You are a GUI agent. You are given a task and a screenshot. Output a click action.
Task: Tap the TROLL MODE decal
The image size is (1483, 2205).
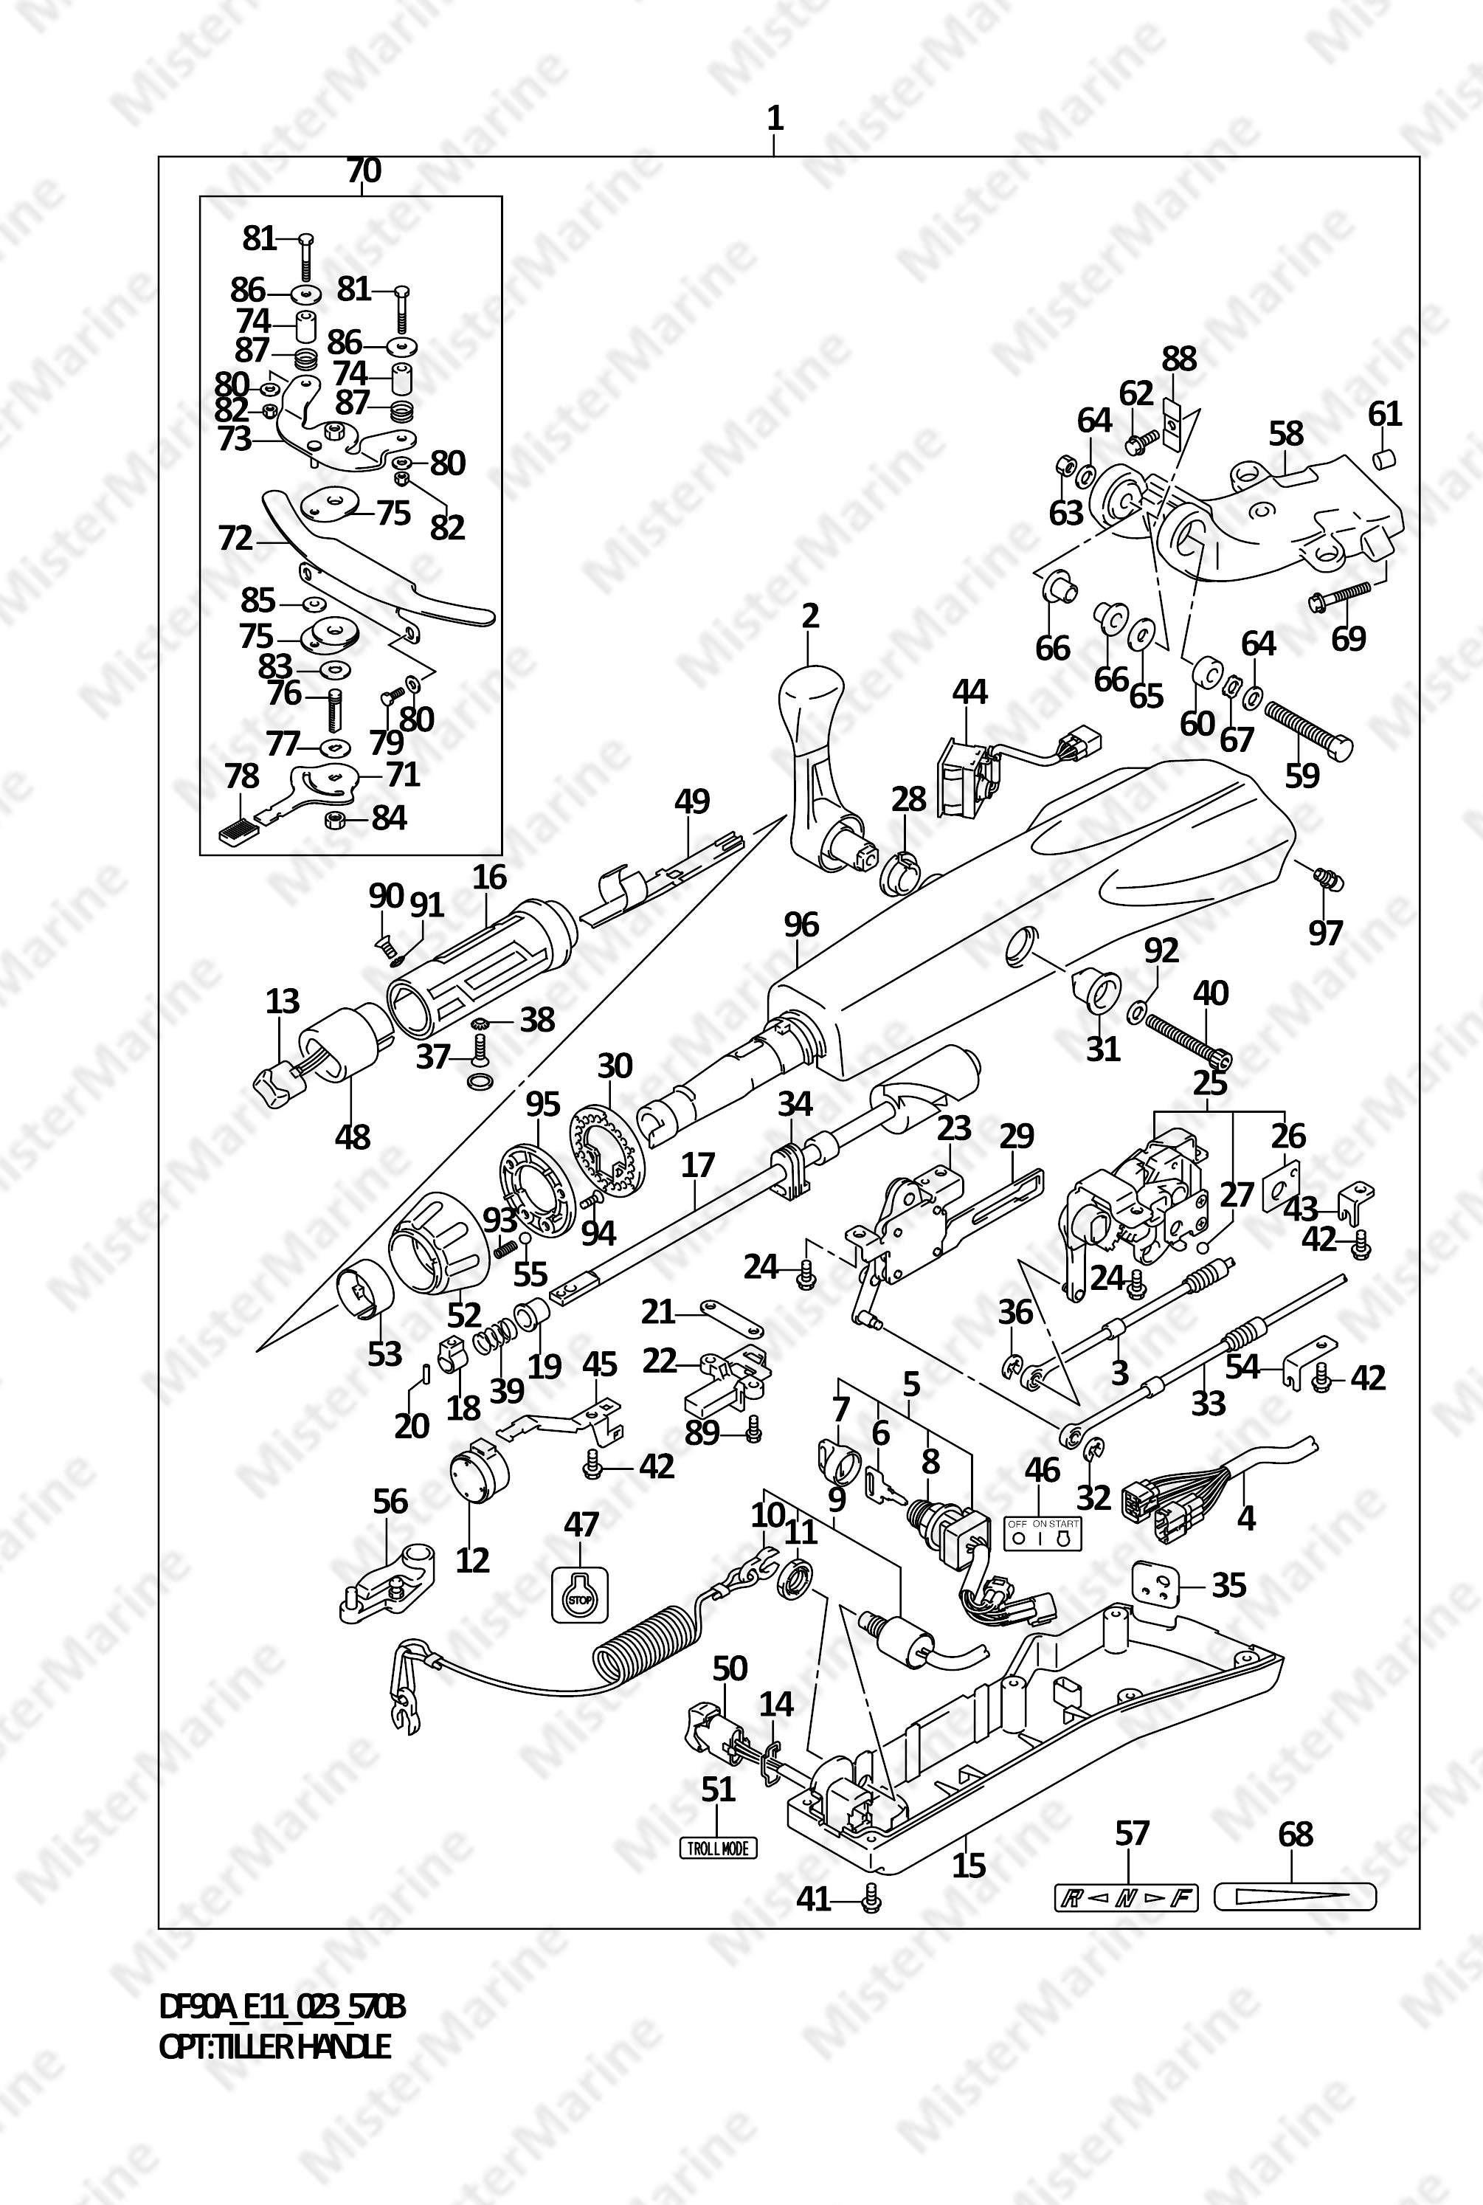(x=718, y=1847)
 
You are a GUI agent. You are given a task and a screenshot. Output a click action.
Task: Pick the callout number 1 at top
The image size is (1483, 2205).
(x=775, y=120)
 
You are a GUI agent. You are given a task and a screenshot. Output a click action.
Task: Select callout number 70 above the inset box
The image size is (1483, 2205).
(x=363, y=171)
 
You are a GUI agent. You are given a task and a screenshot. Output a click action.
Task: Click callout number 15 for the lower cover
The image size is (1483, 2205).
(x=969, y=1866)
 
